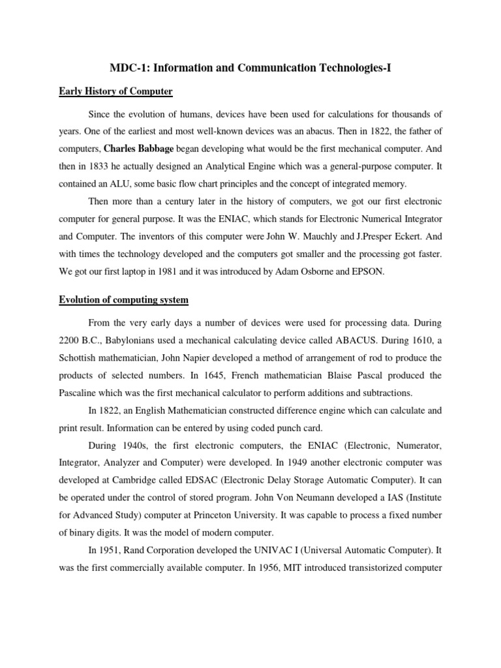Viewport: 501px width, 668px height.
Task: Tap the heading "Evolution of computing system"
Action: (123, 299)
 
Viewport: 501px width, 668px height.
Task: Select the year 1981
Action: (189, 272)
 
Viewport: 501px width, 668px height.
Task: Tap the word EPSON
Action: (367, 272)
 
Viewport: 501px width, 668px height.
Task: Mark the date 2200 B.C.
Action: (81, 340)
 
